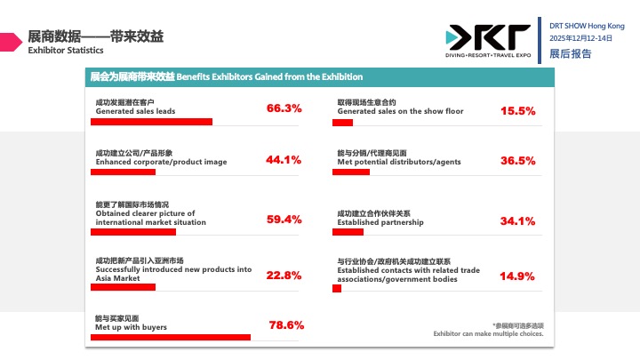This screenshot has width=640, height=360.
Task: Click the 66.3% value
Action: click(x=284, y=108)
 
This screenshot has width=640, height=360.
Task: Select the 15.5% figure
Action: click(x=518, y=111)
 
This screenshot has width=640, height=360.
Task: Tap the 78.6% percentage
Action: click(x=286, y=324)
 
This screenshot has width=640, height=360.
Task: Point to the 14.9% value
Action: click(x=517, y=276)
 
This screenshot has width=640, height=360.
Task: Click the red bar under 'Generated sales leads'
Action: click(x=154, y=121)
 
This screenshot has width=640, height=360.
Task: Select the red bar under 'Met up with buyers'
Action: click(x=172, y=337)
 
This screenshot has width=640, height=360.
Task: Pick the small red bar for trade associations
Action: click(x=337, y=288)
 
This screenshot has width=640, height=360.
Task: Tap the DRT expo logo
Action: click(x=488, y=39)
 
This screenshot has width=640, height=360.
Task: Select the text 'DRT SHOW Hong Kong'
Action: click(x=587, y=26)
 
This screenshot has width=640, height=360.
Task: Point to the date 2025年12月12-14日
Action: click(x=581, y=39)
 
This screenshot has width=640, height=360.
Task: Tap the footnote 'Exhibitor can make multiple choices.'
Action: click(x=488, y=333)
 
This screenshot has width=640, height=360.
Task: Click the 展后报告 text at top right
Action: click(x=570, y=54)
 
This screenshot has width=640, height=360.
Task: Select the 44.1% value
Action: click(x=284, y=161)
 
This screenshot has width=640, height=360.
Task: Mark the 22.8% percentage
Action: click(x=284, y=275)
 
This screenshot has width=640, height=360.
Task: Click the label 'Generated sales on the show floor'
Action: click(x=400, y=111)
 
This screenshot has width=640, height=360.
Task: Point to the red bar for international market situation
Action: click(x=135, y=232)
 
